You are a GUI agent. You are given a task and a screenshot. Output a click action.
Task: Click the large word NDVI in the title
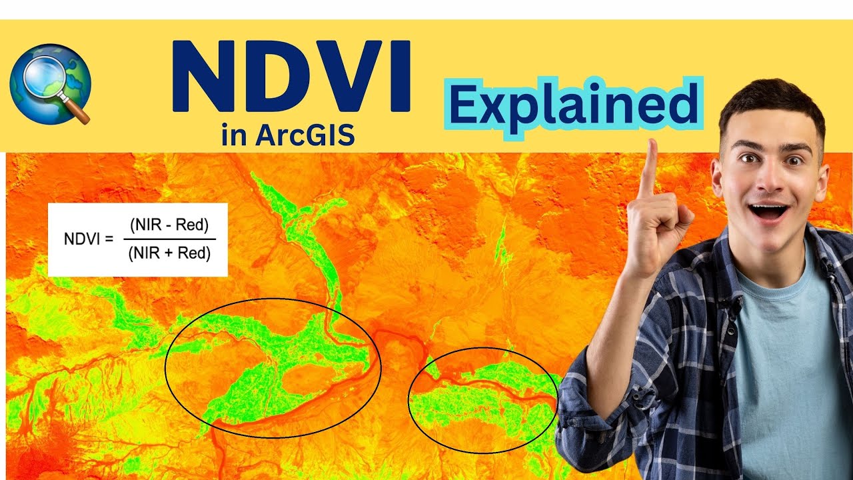click(x=291, y=77)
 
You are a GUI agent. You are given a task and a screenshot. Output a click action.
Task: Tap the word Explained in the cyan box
click(x=574, y=107)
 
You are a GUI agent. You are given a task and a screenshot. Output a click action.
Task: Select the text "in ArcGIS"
click(x=288, y=135)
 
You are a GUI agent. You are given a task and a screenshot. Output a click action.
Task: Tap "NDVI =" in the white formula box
click(x=88, y=239)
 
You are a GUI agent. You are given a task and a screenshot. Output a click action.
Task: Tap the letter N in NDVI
click(x=200, y=77)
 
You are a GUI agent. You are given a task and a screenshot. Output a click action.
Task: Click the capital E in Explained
click(x=464, y=107)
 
